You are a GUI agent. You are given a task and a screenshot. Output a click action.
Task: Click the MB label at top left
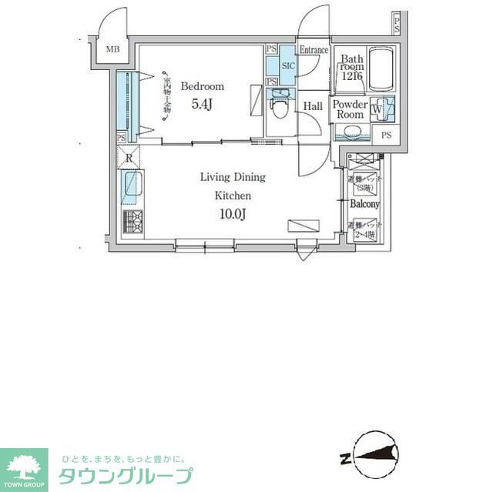(113, 50)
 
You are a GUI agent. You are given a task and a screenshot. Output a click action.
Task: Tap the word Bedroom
(203, 86)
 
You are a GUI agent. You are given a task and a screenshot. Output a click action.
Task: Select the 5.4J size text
(201, 105)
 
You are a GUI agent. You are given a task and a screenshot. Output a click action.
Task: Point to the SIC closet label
(288, 66)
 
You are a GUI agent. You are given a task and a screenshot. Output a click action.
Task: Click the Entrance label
(314, 50)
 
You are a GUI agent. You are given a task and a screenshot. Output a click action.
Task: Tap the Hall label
(313, 105)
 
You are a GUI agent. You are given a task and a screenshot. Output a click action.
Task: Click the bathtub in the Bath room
(382, 71)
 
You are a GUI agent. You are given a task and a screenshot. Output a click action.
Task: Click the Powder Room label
(350, 109)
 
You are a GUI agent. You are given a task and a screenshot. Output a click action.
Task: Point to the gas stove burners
(132, 221)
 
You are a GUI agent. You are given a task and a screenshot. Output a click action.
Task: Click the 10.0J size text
(232, 214)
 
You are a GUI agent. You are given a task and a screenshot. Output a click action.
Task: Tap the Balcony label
(364, 204)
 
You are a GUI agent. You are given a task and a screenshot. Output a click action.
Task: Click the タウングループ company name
(126, 476)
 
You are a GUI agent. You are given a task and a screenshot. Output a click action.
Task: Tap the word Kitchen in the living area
(232, 196)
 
